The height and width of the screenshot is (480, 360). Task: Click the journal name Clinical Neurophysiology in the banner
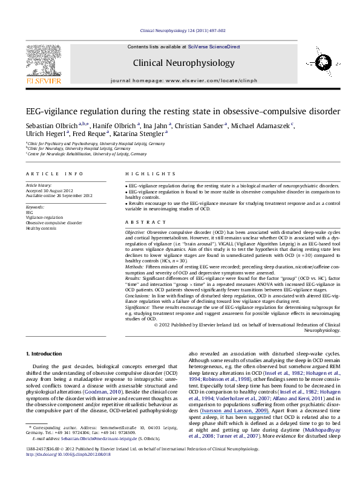point(180,62)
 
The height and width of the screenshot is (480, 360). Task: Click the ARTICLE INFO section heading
point(43,173)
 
